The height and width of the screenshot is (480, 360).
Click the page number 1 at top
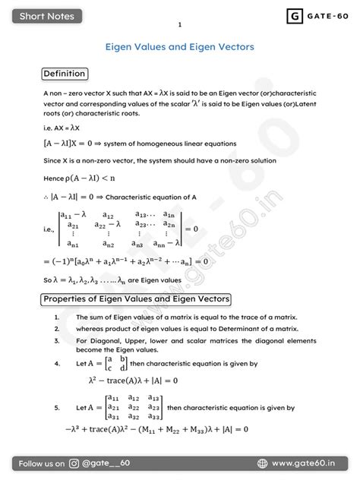(180, 25)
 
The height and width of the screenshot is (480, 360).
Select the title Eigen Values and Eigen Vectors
(179, 47)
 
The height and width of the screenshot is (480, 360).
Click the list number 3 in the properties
(57, 341)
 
